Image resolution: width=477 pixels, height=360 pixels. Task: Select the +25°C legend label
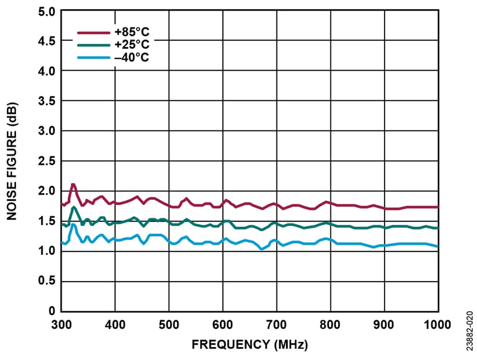pyautogui.click(x=132, y=45)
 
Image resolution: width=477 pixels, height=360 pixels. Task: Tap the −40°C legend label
pyautogui.click(x=132, y=57)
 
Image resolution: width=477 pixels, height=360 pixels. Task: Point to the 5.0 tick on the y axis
pyautogui.click(x=46, y=11)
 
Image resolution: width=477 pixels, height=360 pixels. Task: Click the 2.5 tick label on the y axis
pyautogui.click(x=46, y=161)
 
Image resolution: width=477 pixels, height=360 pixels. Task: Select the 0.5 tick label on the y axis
pyautogui.click(x=46, y=280)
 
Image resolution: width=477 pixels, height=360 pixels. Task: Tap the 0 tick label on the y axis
pyautogui.click(x=51, y=310)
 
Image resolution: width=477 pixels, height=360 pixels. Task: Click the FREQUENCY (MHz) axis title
pyautogui.click(x=249, y=345)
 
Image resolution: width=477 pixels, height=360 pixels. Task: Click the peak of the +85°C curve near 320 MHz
pyautogui.click(x=73, y=185)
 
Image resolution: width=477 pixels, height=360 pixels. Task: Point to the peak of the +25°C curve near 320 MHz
pyautogui.click(x=73, y=207)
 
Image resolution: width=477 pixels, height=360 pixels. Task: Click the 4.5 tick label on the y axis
pyautogui.click(x=46, y=41)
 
